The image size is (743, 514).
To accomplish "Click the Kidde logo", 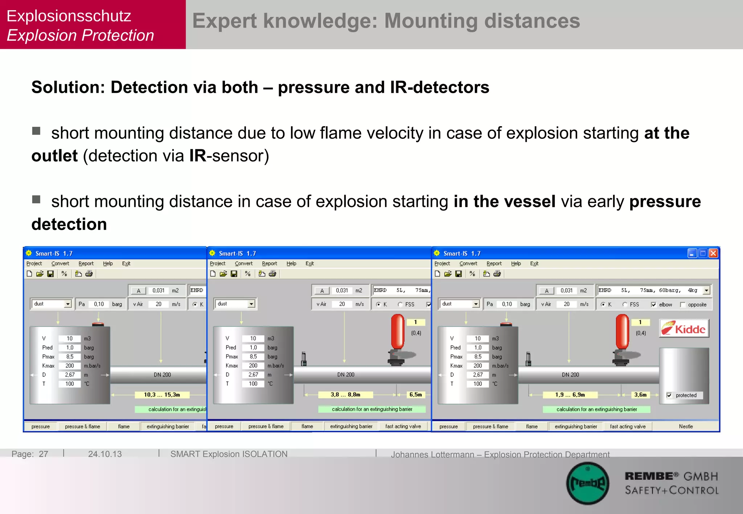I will pos(684,328).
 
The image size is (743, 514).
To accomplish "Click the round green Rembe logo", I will pos(588,483).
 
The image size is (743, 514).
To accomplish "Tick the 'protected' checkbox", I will pos(669,395).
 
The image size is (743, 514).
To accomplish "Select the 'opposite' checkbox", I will pos(683,304).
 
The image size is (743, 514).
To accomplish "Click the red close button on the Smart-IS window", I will pos(713,253).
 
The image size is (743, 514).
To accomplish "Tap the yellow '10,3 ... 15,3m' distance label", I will pos(162,395).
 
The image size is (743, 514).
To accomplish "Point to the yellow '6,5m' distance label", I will pos(415,395).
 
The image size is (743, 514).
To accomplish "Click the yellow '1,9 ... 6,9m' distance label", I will pos(570,395).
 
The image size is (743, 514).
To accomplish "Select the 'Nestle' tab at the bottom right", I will pos(686,426).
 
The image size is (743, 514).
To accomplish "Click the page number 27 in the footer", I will pos(44,454).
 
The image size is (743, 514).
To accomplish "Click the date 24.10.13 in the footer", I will pos(105,454).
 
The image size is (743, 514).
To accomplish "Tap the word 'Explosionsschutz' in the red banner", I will pos(69,16).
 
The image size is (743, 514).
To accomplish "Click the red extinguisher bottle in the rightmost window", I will pos(622,332).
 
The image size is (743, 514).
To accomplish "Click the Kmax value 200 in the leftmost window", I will pos(70,366).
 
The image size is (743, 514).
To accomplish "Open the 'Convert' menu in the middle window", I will pos(243,264).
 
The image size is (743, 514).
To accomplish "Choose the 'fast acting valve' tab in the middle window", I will pos(403,426).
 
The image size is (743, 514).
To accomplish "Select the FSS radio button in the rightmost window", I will pos(625,304).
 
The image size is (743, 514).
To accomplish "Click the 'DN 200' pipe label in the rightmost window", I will pos(570,374).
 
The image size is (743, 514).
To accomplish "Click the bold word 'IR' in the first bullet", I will pos(198,156).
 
